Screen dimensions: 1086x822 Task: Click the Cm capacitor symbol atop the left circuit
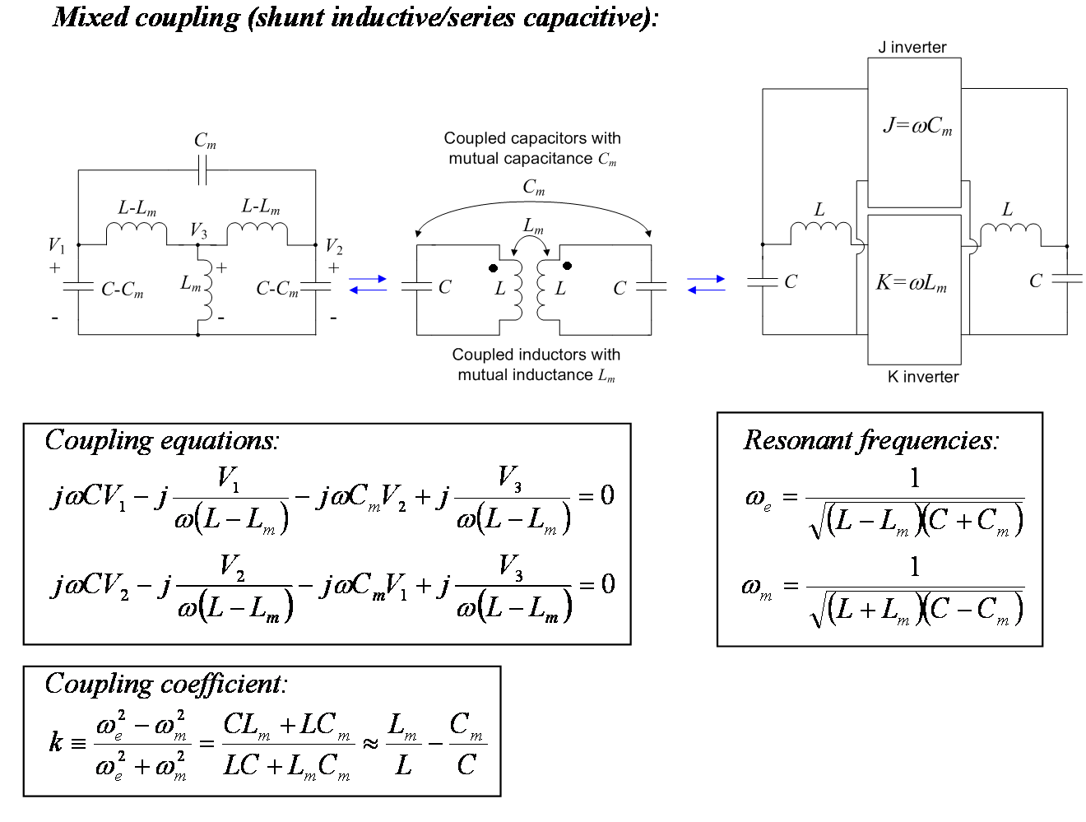(202, 170)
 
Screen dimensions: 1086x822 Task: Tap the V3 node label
(199, 230)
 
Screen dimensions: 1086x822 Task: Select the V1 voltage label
(57, 245)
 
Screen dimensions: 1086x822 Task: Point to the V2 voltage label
(334, 246)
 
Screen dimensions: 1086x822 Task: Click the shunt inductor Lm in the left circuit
(207, 290)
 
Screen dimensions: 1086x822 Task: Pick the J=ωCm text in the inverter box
(917, 126)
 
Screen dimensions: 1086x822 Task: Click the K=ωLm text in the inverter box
(912, 283)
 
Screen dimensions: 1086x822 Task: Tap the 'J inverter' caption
(912, 47)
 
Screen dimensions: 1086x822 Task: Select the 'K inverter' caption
(923, 377)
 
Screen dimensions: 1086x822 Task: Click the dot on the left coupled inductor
(493, 268)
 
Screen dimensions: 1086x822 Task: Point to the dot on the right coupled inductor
(568, 266)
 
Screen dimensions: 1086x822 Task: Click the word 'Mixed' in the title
(90, 18)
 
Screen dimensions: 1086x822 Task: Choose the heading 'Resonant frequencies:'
(871, 439)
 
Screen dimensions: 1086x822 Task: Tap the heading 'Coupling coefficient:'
(165, 684)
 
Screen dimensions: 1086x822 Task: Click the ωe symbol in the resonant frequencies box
(758, 499)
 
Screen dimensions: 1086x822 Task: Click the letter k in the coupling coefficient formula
(55, 742)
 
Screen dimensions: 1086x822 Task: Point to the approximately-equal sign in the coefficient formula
(370, 743)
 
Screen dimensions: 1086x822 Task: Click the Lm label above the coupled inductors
(533, 226)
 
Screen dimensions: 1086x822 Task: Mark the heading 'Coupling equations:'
(162, 440)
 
